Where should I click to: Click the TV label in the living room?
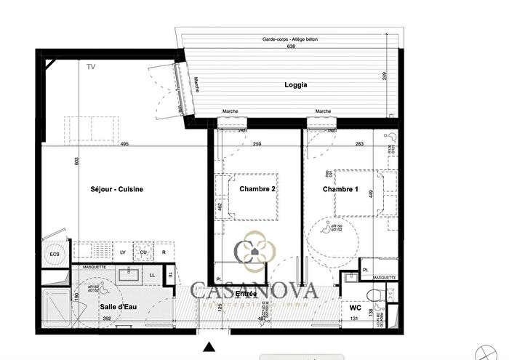coord(91,67)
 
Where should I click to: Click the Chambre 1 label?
coord(340,190)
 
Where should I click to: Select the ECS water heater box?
coord(54,255)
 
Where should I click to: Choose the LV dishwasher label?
coord(122,252)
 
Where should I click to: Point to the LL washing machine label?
coord(152,275)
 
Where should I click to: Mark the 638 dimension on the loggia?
coord(292,46)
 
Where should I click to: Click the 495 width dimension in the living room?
coord(124,144)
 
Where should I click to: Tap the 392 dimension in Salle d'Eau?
coord(107,319)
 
